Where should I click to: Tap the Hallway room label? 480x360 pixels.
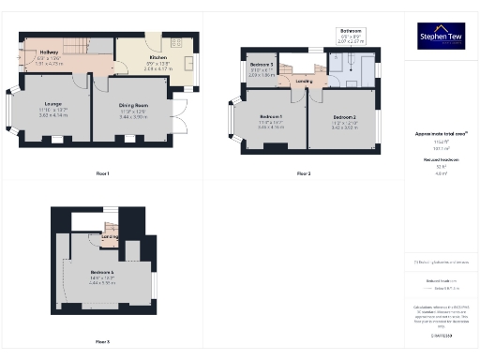click(x=49, y=52)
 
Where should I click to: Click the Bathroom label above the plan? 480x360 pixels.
click(x=349, y=31)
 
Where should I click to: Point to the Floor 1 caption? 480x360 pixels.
click(x=102, y=173)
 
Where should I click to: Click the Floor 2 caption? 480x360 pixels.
click(x=304, y=173)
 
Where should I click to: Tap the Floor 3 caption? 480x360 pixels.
click(x=102, y=341)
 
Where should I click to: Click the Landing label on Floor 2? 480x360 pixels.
click(x=305, y=81)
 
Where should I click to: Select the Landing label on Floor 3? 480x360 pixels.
click(x=110, y=235)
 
